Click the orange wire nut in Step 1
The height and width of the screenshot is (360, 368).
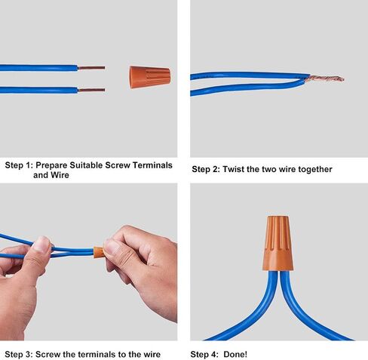pyautogui.click(x=150, y=77)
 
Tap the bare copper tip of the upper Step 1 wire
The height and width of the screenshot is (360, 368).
pyautogui.click(x=91, y=68)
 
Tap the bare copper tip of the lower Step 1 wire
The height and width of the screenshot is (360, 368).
pyautogui.click(x=91, y=90)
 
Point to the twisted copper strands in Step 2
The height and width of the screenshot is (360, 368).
pyautogui.click(x=325, y=78)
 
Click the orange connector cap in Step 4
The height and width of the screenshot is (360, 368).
pyautogui.click(x=278, y=243)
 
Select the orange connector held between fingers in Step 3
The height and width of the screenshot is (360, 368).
pyautogui.click(x=98, y=253)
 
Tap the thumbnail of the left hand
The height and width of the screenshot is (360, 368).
pyautogui.click(x=41, y=244)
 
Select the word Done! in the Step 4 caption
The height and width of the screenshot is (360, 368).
pyautogui.click(x=235, y=354)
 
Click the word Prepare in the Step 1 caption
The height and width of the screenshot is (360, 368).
pyautogui.click(x=51, y=165)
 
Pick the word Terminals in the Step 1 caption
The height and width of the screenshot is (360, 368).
pyautogui.click(x=152, y=165)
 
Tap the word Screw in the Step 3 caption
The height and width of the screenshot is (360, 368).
pyautogui.click(x=48, y=354)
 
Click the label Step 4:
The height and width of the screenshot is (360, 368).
pyautogui.click(x=204, y=354)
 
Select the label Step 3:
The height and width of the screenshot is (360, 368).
pyautogui.click(x=19, y=354)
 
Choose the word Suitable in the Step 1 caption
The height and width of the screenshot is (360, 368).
pyautogui.click(x=86, y=165)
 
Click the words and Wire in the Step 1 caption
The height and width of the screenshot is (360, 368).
pyautogui.click(x=51, y=175)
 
